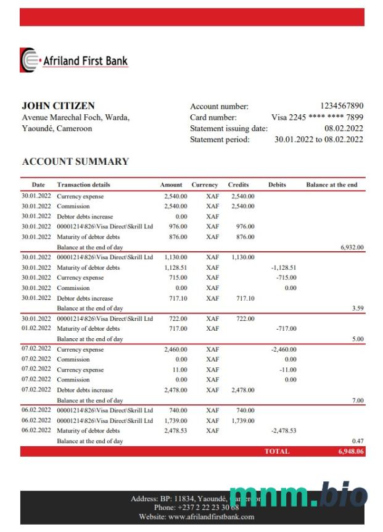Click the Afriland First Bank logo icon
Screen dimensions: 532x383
pos(28,60)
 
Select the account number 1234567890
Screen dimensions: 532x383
pos(342,106)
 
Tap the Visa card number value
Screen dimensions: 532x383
pos(317,117)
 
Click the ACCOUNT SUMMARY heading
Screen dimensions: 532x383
pos(75,162)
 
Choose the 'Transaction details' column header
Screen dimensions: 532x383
pos(84,185)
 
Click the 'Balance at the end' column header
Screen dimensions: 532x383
pos(331,185)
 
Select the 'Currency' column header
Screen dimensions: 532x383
pos(205,185)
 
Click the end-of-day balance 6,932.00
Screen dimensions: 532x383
pos(352,247)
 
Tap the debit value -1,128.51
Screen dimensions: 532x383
pos(284,268)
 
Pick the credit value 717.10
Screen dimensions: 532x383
pos(245,298)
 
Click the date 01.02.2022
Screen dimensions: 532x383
pos(36,328)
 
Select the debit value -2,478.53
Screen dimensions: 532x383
pos(284,430)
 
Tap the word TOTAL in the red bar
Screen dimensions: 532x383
pos(276,451)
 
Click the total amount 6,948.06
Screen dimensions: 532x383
pos(350,451)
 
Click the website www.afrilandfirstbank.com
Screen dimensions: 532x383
pos(196,517)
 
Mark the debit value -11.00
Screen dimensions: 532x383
pos(287,370)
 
